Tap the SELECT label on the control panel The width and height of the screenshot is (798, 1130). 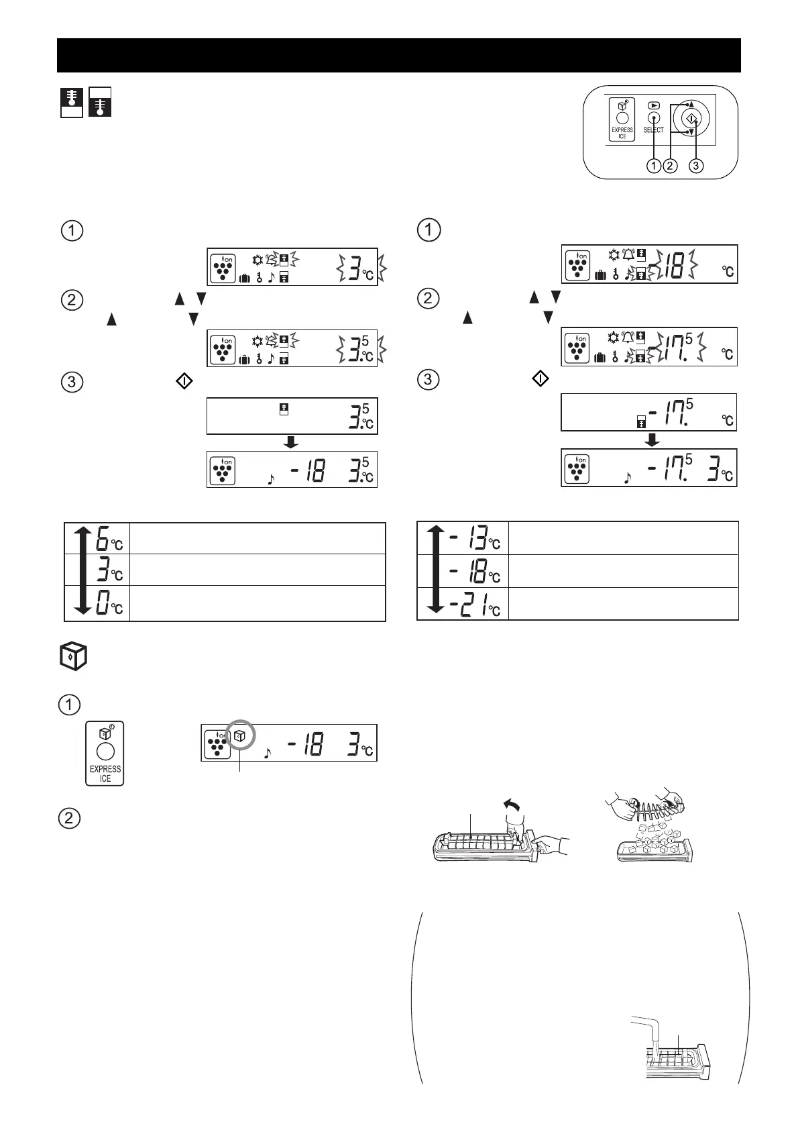click(x=653, y=130)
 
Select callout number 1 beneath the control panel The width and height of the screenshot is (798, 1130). click(x=654, y=166)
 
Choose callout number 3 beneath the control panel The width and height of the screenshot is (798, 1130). click(x=696, y=166)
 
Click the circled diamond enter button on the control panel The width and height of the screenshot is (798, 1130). click(x=692, y=119)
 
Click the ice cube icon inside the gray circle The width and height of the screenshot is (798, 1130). click(x=240, y=736)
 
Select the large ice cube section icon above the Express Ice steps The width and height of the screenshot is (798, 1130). click(x=70, y=657)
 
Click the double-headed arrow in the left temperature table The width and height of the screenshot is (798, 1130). click(x=82, y=571)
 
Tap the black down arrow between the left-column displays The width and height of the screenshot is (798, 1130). click(x=291, y=442)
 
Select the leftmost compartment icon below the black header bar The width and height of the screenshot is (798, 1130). click(x=71, y=102)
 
